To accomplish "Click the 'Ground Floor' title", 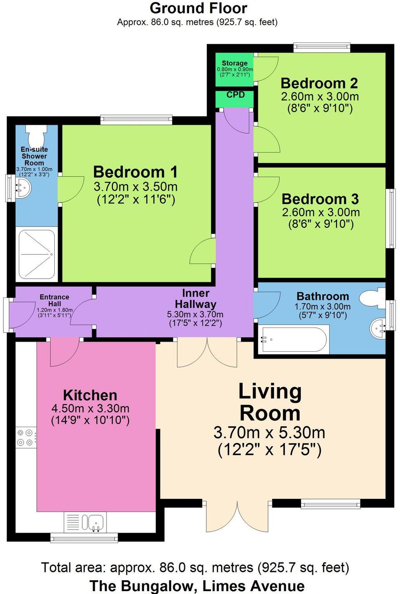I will coord(198,8).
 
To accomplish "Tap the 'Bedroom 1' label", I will coord(135,172).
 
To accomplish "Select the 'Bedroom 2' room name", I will coord(319,83).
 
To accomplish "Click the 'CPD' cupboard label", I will coord(235,95).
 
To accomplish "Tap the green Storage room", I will coord(234,69).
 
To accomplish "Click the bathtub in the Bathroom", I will coord(293,339).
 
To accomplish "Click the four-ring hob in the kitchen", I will coord(25,438).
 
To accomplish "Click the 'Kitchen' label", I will coord(90,395).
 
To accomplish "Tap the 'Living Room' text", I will coord(270,402).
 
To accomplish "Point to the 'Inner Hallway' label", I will coord(195,299).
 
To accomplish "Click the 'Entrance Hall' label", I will coord(54,300).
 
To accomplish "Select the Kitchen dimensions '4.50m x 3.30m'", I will coord(90,408).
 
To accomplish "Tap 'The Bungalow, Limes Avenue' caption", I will coord(197,586).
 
